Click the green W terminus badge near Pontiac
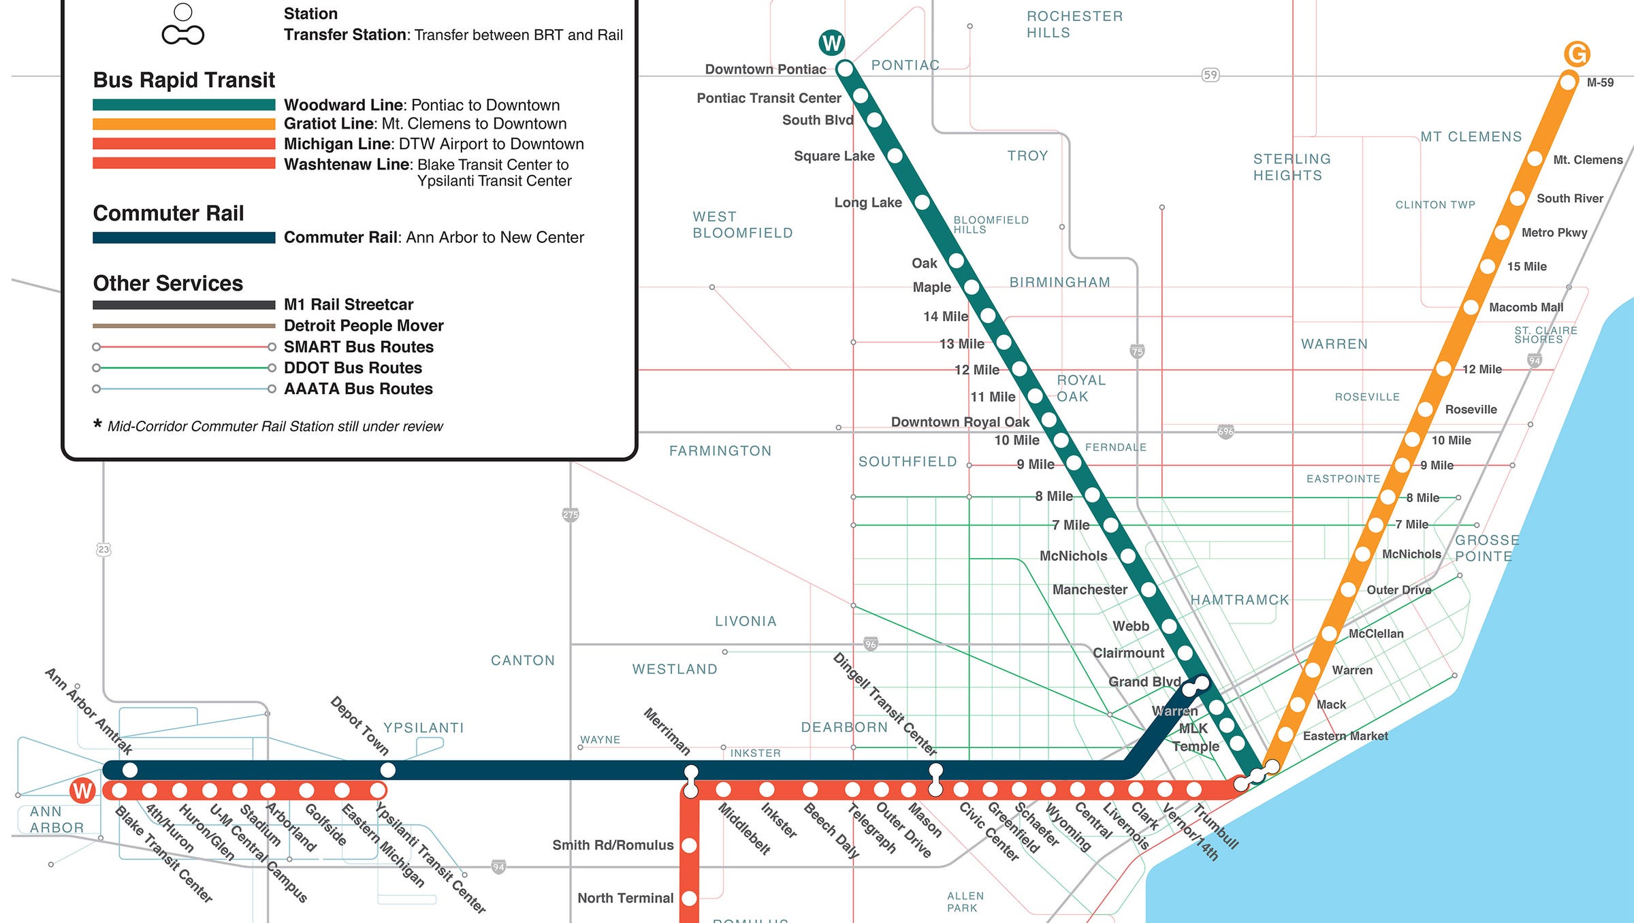pos(831,43)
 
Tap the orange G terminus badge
pos(1577,54)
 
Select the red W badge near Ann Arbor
pos(82,790)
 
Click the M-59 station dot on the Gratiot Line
pos(1568,82)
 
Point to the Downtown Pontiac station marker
pos(845,69)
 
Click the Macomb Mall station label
pos(1526,307)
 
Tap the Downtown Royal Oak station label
pos(960,422)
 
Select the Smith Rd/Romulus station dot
pos(689,845)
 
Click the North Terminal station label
pos(625,898)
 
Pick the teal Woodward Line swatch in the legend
pos(184,105)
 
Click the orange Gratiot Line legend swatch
pos(184,124)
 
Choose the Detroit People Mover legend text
pos(364,325)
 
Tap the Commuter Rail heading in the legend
pos(168,213)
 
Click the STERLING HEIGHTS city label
pos(1292,167)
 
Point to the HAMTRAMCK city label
pos(1240,600)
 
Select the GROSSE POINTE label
pos(1487,548)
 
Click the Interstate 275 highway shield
pos(571,515)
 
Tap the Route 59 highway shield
pos(1210,75)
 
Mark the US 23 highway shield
pos(103,549)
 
